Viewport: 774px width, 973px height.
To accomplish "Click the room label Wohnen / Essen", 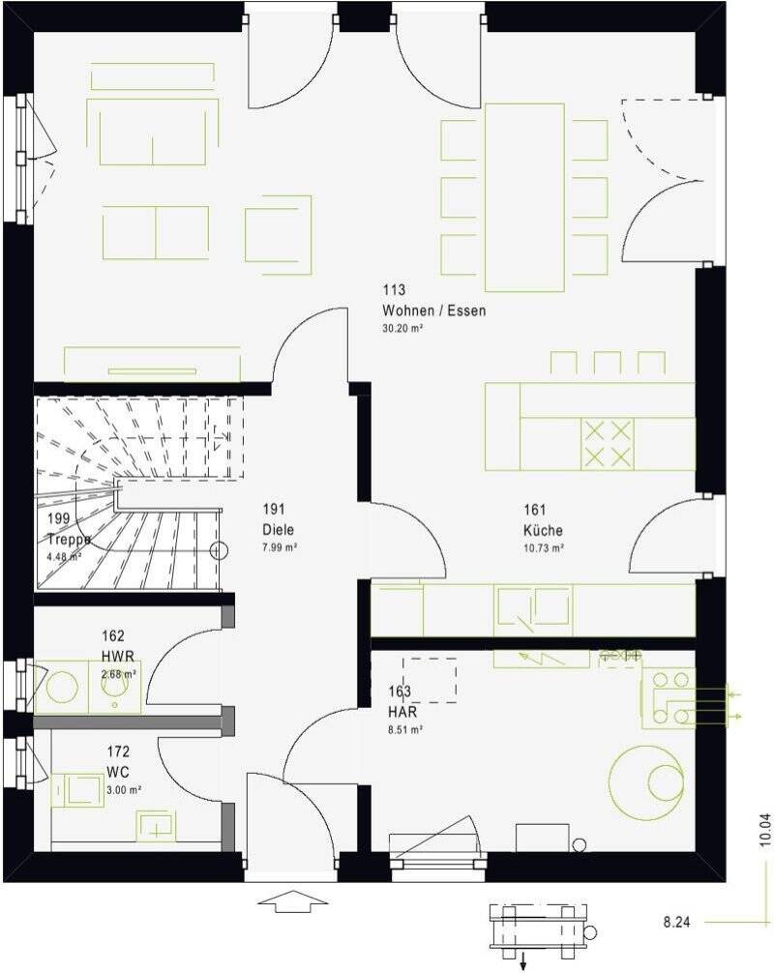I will [433, 311].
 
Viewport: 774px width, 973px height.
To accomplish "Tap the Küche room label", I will [543, 531].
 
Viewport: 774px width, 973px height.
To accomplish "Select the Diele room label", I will [277, 530].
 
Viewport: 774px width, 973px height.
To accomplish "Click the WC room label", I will [118, 772].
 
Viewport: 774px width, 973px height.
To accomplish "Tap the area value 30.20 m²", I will [403, 329].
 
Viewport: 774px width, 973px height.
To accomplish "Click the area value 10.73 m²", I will [544, 547].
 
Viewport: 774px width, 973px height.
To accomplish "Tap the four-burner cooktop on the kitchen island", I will [607, 444].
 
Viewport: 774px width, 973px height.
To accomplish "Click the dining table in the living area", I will [524, 196].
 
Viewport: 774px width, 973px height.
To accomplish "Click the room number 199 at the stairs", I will [58, 519].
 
